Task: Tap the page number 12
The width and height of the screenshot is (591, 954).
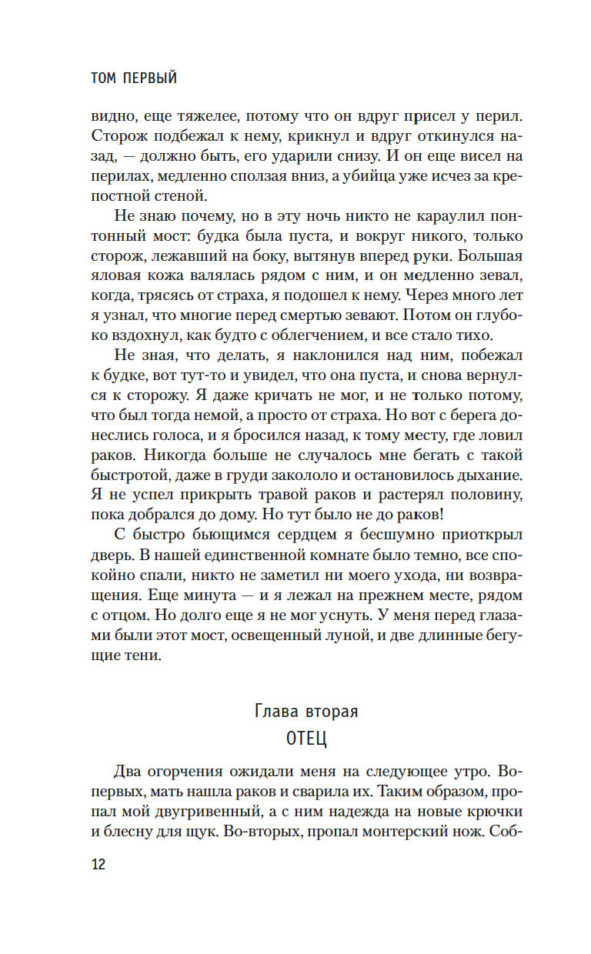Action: [x=98, y=864]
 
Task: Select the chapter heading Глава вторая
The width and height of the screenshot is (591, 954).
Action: [x=306, y=711]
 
